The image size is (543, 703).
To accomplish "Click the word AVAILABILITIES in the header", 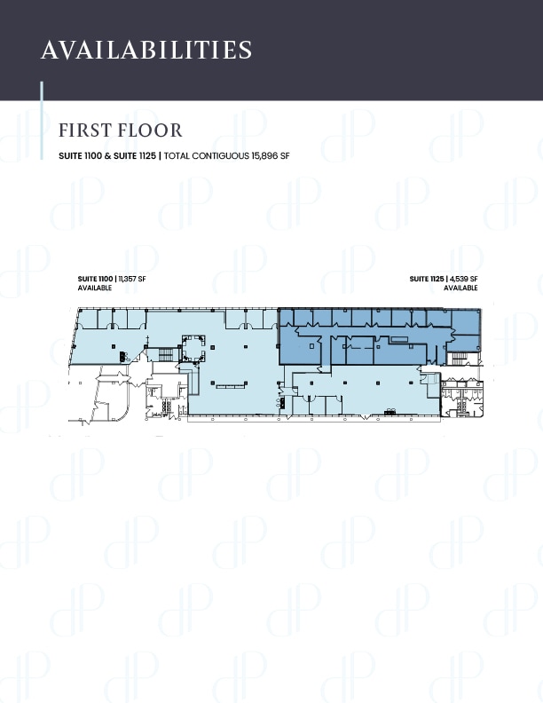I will coord(146,50).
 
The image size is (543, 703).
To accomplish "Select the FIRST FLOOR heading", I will coord(120,130).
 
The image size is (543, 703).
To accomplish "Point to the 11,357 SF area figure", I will coord(133,280).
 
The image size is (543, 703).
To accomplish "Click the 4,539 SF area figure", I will coord(464,280).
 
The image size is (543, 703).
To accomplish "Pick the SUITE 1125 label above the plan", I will coord(427,280).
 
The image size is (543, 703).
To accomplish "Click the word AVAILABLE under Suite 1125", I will coord(460,288).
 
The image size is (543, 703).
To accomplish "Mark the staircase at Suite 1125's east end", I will coord(459,358).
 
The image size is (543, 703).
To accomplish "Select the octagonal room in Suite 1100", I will coord(193,348).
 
